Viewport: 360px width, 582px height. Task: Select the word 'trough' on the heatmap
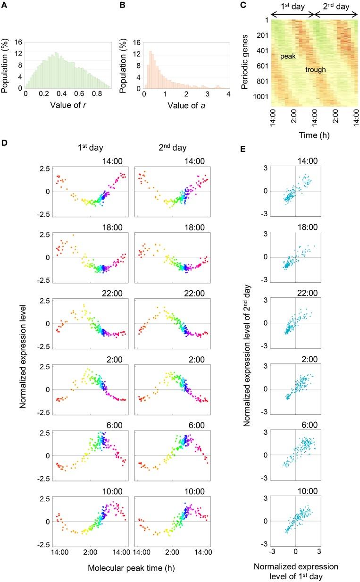coord(315,70)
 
